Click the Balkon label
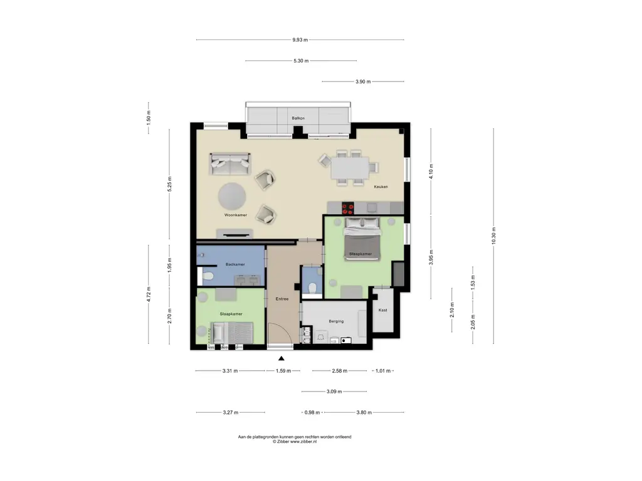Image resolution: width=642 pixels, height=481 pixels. coord(298,118)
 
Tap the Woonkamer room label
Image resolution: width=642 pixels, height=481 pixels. coord(236,215)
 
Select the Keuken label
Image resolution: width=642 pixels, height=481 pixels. coord(381,187)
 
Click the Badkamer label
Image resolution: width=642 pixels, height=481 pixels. coord(235,265)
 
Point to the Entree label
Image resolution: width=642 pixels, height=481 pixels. coord(282,299)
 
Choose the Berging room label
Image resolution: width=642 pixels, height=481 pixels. coord(336,321)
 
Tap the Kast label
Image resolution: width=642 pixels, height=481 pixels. coord(383,310)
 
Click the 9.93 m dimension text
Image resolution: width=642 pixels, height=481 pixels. coord(300,39)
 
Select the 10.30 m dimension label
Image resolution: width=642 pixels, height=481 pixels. coord(493,235)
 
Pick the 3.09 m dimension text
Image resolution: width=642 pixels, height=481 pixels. coord(334,391)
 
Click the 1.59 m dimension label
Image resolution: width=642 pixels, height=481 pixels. coord(283,371)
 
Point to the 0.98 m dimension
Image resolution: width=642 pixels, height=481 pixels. coord(312,412)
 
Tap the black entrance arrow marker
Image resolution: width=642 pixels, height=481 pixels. coord(282,359)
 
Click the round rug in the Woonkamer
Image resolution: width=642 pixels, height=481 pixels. coord(232,196)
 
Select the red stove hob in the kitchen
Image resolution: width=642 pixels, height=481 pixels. coord(347,209)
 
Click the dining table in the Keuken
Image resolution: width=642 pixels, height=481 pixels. coord(350,168)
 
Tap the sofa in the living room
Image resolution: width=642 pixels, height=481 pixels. coord(230,164)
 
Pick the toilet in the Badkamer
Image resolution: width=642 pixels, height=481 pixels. coord(207,276)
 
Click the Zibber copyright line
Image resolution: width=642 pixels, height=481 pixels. coord(295,442)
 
